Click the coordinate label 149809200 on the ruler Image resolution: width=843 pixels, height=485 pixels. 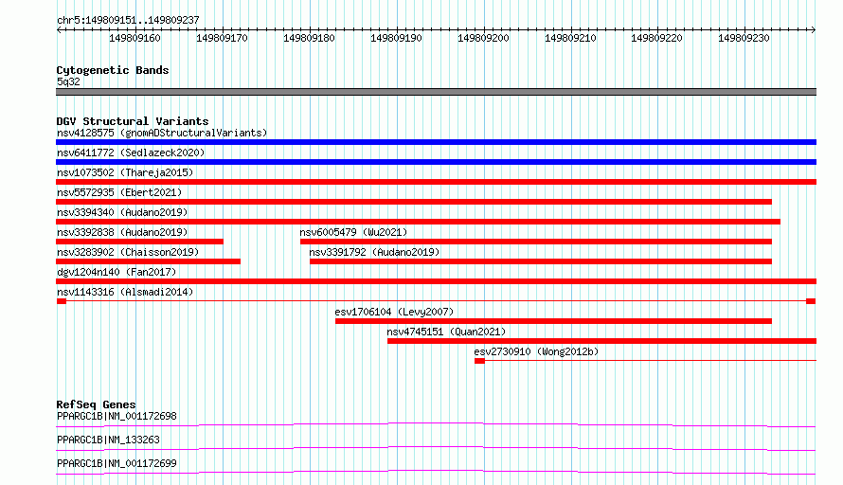(483, 38)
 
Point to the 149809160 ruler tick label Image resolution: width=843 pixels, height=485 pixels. (135, 38)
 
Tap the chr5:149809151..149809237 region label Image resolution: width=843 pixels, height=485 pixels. (128, 20)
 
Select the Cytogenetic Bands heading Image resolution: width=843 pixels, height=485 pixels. (113, 70)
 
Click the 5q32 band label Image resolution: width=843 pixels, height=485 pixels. (68, 81)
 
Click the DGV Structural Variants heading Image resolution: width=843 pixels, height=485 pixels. (133, 121)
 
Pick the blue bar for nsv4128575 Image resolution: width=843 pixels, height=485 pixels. (436, 142)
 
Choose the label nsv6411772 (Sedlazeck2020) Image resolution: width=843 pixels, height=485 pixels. (131, 153)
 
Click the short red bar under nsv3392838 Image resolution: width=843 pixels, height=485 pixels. (140, 242)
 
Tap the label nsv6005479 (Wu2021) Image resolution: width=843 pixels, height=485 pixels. (353, 232)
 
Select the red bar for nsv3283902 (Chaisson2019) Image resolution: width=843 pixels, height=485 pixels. (149, 261)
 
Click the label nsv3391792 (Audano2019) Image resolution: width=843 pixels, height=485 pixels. (374, 252)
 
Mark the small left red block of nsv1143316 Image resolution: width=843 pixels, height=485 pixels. (62, 301)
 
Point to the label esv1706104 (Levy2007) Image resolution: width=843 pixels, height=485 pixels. (394, 312)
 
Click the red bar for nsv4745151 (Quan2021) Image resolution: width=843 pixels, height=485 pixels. (601, 341)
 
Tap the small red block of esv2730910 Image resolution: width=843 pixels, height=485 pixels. (479, 361)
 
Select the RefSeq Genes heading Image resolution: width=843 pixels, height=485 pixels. (96, 404)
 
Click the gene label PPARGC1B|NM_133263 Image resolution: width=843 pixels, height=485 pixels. (108, 440)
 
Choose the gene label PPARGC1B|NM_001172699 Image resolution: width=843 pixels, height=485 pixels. (117, 463)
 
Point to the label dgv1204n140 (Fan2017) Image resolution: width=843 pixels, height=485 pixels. (117, 272)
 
